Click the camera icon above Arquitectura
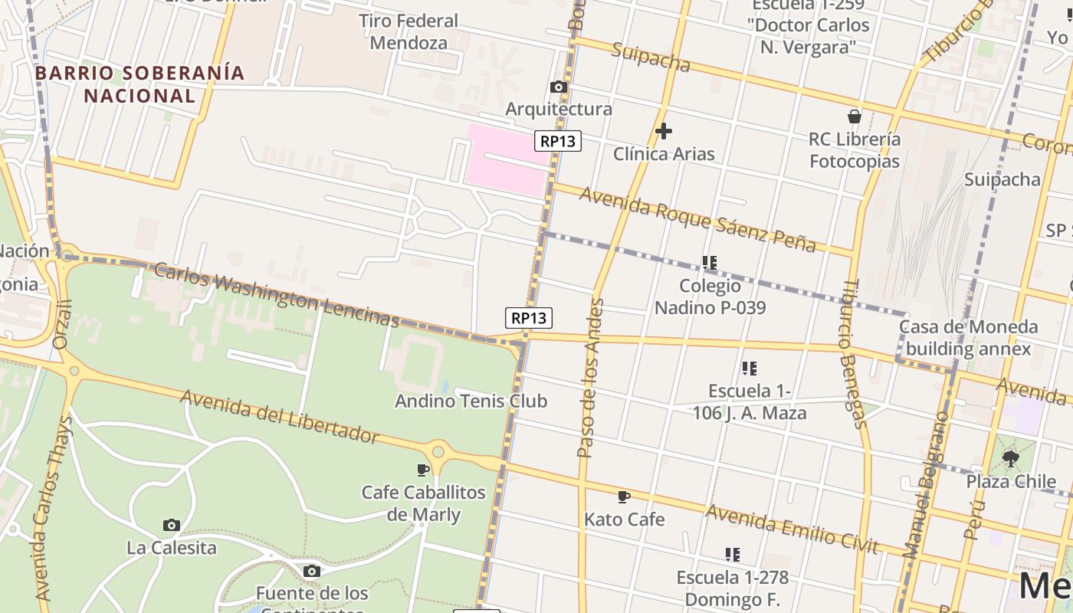[x=559, y=87]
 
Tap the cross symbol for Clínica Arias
[x=664, y=131]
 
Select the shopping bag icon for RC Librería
[x=855, y=116]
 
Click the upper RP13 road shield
[x=558, y=141]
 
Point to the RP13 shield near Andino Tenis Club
[x=529, y=318]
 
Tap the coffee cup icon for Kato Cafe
[x=624, y=497]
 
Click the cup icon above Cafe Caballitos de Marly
[x=422, y=470]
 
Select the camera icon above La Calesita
[x=172, y=526]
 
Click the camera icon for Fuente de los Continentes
[x=311, y=571]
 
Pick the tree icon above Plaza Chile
[x=1011, y=459]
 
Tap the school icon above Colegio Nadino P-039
[x=710, y=263]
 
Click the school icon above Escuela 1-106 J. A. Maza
[x=749, y=369]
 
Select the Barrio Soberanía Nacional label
[x=140, y=84]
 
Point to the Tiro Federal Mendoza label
[x=409, y=32]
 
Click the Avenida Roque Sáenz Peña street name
[x=697, y=218]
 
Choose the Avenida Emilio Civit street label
[x=791, y=528]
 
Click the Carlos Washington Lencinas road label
[x=276, y=295]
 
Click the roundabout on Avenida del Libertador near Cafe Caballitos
[x=438, y=451]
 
